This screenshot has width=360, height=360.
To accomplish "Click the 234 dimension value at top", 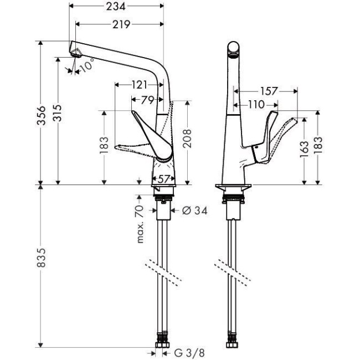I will (116, 7).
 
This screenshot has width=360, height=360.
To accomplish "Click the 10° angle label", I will (86, 67).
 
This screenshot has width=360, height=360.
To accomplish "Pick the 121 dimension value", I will (140, 85).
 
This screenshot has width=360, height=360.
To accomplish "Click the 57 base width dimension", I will (163, 178).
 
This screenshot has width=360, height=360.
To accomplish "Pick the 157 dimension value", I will (268, 91).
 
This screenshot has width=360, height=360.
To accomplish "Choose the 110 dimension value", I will (255, 104).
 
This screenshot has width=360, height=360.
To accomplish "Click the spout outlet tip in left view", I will (76, 52).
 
